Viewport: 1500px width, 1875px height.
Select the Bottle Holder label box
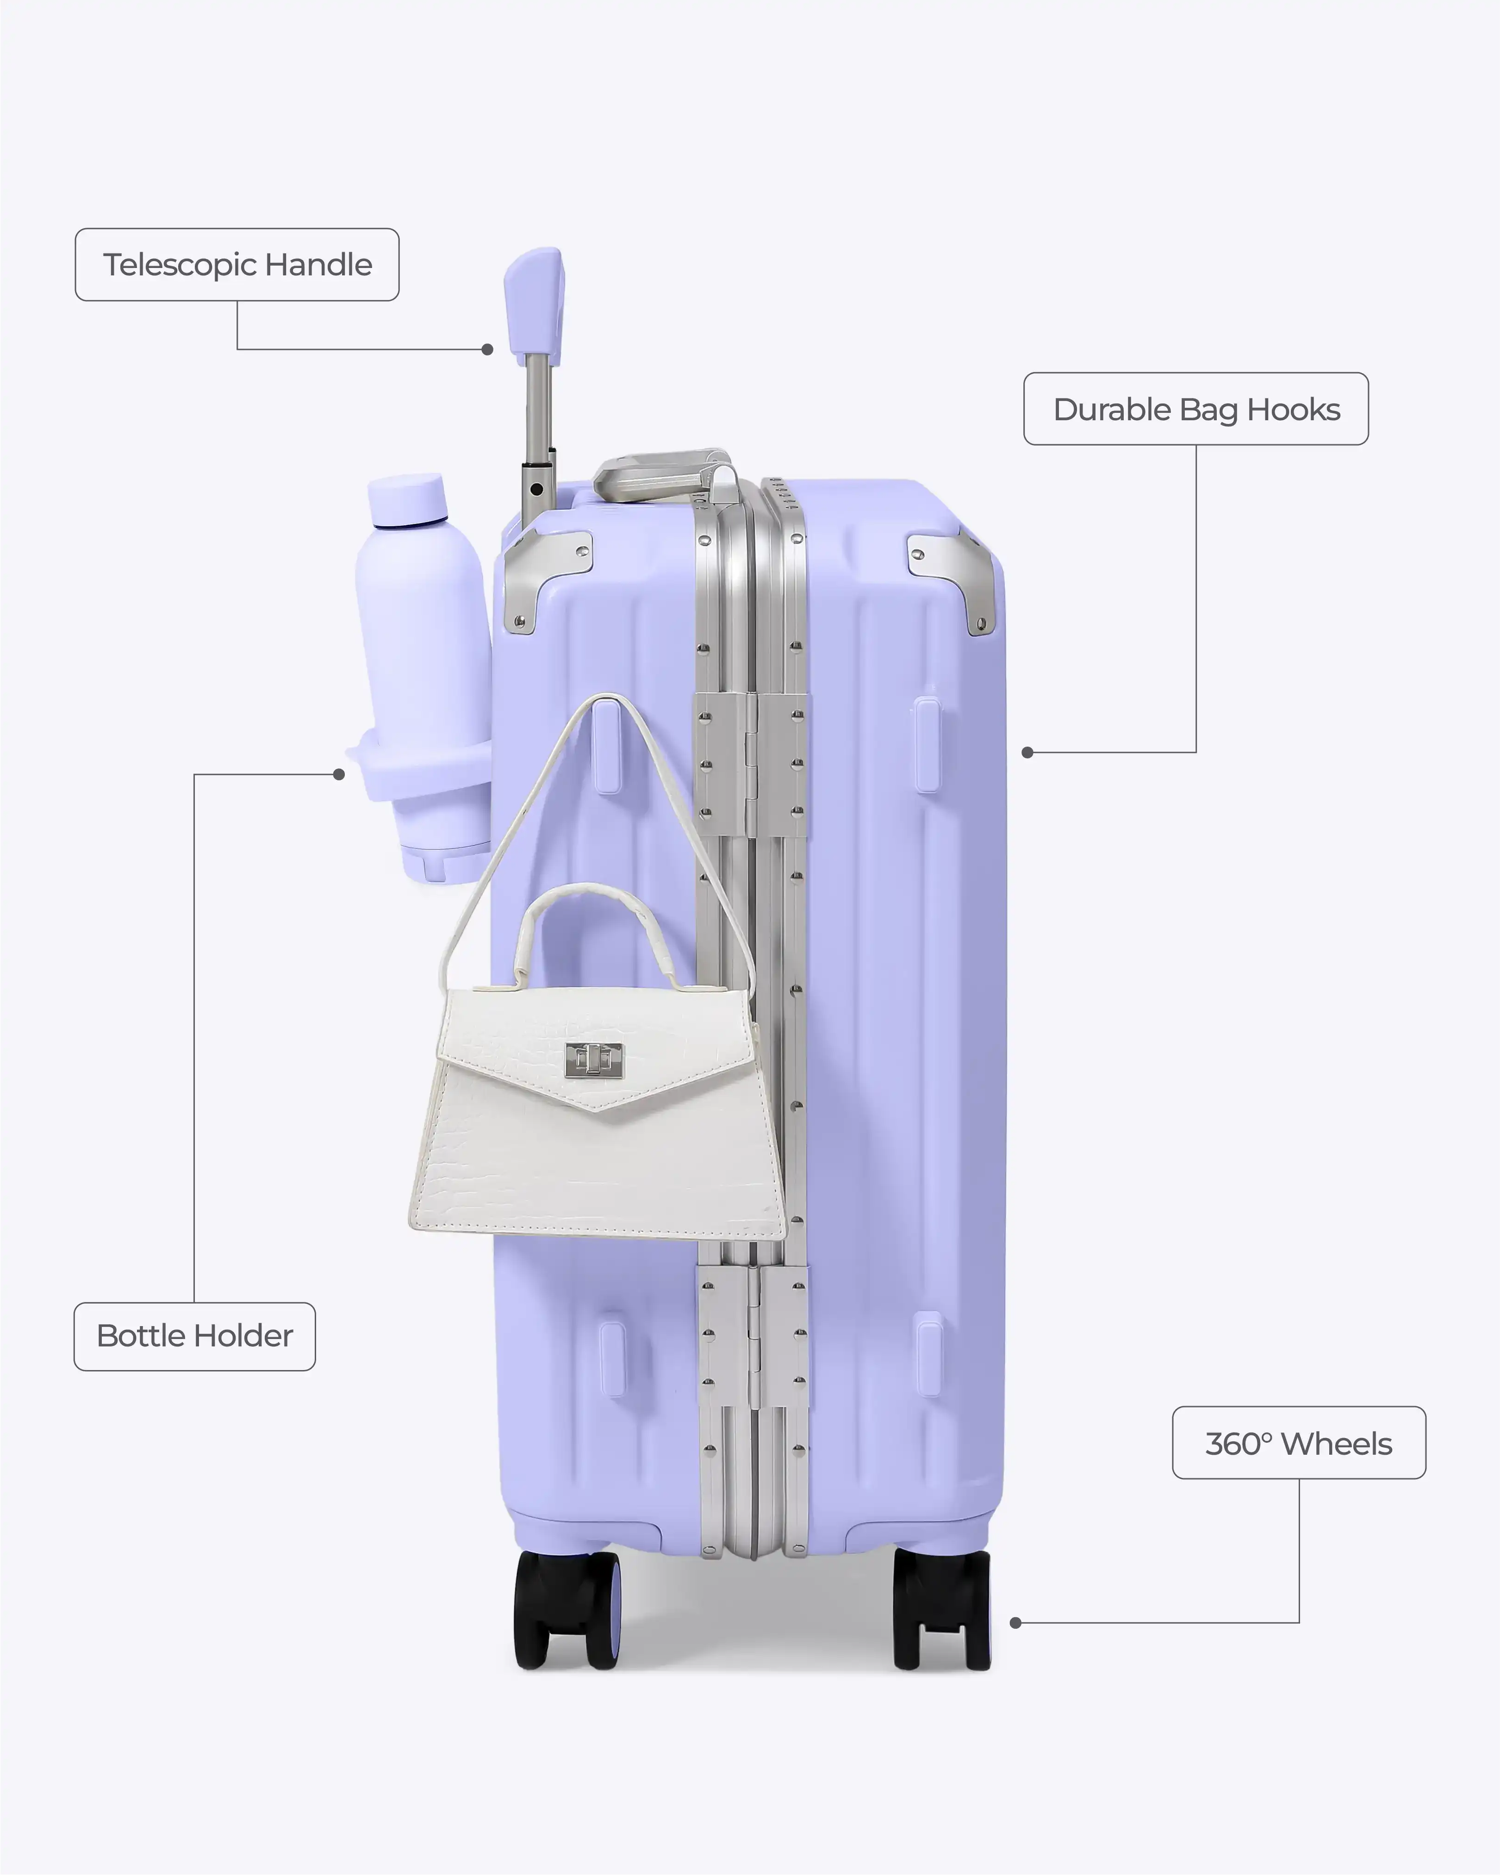(195, 1336)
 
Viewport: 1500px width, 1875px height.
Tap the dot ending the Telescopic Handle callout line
(488, 349)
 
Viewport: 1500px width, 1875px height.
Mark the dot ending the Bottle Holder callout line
(339, 774)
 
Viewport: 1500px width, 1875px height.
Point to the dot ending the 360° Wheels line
(1015, 1623)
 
